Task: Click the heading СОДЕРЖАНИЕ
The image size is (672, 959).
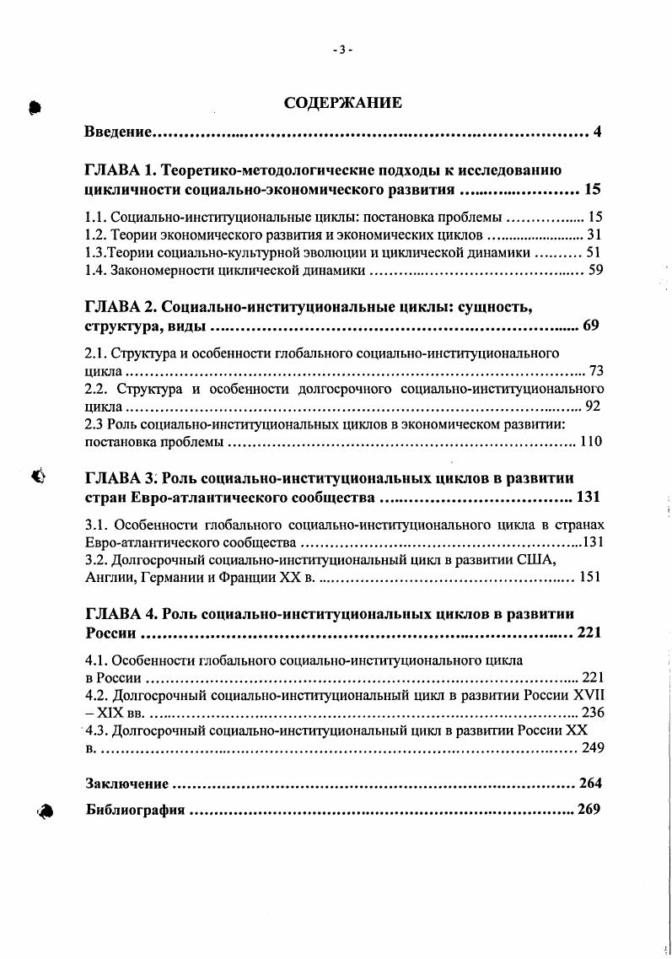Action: [x=342, y=104]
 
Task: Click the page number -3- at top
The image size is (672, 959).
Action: [x=342, y=50]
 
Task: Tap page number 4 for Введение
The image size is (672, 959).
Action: [x=597, y=132]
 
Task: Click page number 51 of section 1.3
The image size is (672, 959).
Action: [x=594, y=252]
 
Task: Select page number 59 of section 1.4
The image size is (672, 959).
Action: [x=594, y=271]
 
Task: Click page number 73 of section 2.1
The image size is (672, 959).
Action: [x=596, y=371]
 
